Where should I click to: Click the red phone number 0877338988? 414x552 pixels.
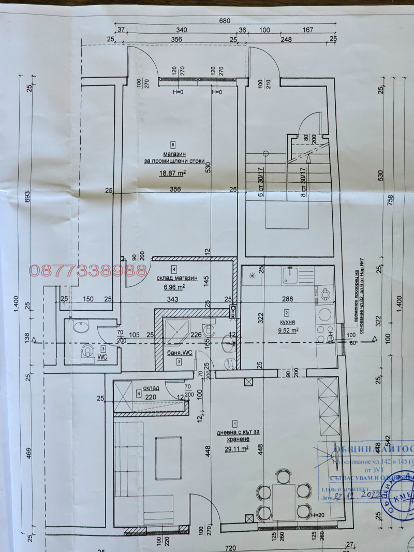[x=88, y=270]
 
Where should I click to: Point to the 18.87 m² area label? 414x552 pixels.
[x=173, y=174]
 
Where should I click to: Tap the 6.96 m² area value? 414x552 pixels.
[x=174, y=286]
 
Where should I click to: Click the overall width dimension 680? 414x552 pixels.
[x=224, y=22]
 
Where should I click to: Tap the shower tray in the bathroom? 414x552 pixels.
[x=178, y=331]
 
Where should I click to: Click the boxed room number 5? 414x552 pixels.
[x=173, y=144]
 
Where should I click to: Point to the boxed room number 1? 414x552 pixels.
[x=235, y=423]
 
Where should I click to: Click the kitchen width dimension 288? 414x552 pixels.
[x=287, y=299]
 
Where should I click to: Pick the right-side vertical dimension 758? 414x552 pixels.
[x=391, y=199]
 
